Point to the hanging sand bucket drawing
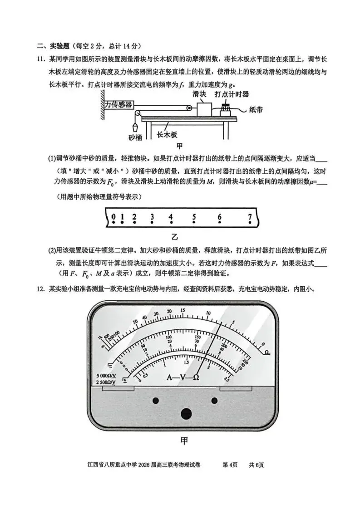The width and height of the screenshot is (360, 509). (135, 124)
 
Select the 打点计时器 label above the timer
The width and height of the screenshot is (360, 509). (232, 94)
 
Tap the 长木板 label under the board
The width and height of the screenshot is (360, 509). (167, 135)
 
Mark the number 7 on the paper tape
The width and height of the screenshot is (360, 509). (250, 216)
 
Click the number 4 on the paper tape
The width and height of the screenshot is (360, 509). (171, 216)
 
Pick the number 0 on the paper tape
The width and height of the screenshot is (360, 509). (113, 216)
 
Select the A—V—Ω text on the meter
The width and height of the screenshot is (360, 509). (183, 377)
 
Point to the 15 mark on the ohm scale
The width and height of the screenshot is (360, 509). (182, 311)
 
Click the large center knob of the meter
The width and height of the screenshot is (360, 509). (186, 414)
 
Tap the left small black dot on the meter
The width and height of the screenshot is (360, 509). (156, 401)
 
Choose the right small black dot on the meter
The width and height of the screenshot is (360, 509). (215, 401)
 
